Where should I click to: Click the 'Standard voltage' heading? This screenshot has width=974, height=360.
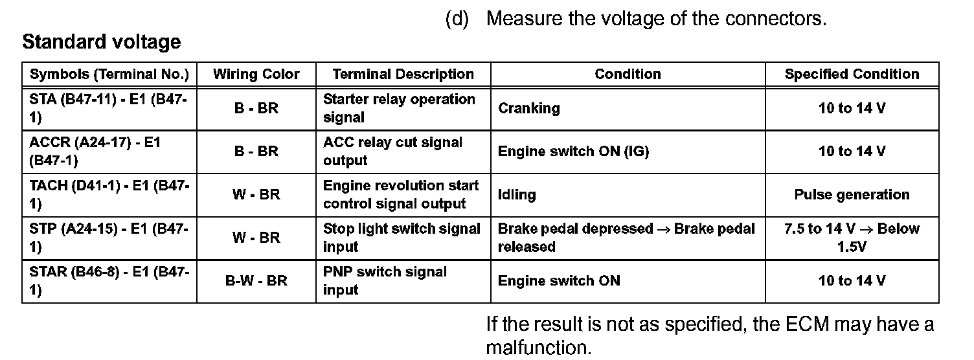pos(102,43)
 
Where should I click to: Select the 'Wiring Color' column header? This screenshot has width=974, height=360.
pos(256,74)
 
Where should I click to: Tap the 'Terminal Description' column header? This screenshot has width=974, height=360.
pos(403,74)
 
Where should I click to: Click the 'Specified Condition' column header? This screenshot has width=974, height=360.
pos(852,74)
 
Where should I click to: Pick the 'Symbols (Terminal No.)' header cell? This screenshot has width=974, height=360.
pos(109,74)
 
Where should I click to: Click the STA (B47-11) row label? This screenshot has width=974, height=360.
pos(109,108)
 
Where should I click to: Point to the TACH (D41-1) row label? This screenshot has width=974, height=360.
pos(109,195)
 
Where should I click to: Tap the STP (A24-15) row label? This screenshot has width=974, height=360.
pos(109,238)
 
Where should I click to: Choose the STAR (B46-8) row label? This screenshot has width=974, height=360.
pos(109,281)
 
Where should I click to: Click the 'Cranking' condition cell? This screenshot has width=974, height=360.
pos(528,108)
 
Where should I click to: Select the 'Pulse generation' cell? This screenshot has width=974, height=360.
pos(852,195)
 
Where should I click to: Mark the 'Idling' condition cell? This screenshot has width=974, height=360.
pos(517,195)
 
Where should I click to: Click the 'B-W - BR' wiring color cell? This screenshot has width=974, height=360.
pos(256,281)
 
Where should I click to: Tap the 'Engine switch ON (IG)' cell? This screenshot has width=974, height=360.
pos(573,152)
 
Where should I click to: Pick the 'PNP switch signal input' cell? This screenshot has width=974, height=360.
pos(385,281)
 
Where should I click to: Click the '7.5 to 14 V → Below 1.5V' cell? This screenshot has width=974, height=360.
pos(852,238)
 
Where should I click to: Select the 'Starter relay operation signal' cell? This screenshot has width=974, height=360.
pos(399,108)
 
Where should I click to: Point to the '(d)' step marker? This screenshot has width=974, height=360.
pos(457,19)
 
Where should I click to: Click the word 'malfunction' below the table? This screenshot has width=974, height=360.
pos(538,348)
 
